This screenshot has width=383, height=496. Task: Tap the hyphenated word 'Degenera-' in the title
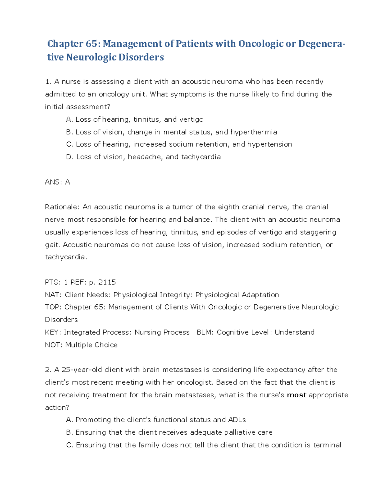tap(321, 43)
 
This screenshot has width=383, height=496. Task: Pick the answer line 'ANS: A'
tap(57, 182)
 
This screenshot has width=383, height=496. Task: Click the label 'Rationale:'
tap(62, 207)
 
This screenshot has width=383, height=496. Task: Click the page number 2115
tap(107, 282)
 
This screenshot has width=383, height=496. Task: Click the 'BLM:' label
tap(205, 332)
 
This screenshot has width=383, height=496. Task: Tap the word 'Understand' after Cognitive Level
tap(294, 332)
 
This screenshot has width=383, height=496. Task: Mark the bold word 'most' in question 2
tap(297, 395)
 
